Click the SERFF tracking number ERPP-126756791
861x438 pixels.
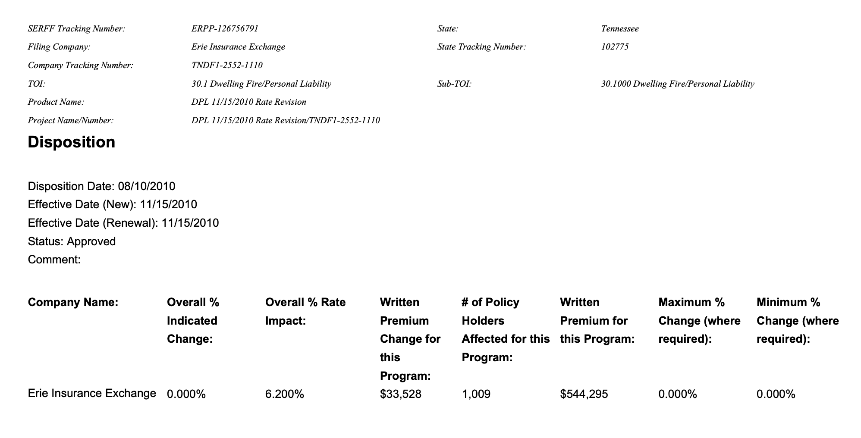[x=225, y=29]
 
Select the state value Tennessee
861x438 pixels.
[x=620, y=29]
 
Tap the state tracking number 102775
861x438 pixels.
[x=615, y=47]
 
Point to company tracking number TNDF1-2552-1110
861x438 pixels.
[x=227, y=66]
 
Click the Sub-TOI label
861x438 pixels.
[x=454, y=84]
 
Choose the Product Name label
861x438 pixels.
[x=56, y=102]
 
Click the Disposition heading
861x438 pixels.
[x=72, y=142]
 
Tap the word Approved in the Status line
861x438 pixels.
[x=91, y=241]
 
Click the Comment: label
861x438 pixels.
[x=54, y=260]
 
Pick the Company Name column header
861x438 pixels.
[x=73, y=303]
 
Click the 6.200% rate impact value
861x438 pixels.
[x=285, y=394]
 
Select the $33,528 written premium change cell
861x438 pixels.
[x=400, y=394]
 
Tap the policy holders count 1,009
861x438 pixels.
[x=476, y=394]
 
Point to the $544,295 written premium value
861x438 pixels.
[x=584, y=394]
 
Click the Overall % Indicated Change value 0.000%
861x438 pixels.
[x=186, y=394]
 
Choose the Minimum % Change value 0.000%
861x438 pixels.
[x=776, y=394]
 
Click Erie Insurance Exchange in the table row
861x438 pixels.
[x=92, y=394]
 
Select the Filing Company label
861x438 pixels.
[x=59, y=47]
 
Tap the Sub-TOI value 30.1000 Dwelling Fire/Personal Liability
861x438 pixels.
[x=678, y=84]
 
